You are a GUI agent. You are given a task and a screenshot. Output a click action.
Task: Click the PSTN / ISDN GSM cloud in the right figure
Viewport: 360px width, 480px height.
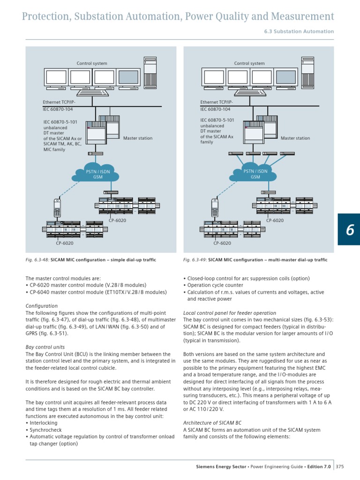255,174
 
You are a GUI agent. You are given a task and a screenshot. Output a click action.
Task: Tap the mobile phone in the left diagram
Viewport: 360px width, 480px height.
57,208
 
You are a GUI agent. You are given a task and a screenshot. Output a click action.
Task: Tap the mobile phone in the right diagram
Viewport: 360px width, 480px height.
215,208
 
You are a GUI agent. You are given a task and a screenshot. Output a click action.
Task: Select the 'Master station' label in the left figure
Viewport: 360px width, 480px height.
137,138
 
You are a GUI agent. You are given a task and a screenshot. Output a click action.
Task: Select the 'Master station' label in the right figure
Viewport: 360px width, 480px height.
295,138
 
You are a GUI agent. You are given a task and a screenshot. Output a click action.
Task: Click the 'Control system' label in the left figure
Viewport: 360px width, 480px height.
92,63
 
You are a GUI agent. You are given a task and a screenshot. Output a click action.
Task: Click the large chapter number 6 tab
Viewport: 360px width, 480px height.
349,229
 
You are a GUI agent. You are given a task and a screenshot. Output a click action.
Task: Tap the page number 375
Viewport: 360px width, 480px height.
340,467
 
